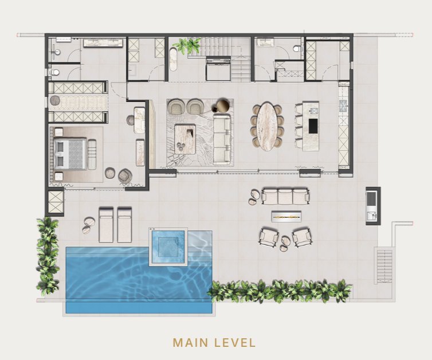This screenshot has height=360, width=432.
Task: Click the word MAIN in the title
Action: click(x=190, y=343)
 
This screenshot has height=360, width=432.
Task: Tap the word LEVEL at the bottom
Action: click(x=235, y=343)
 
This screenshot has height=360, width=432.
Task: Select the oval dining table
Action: click(x=266, y=127)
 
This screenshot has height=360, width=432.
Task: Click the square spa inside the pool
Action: click(x=168, y=246)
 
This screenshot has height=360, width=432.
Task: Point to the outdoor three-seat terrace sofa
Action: click(x=286, y=196)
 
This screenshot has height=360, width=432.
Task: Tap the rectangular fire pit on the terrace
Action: click(x=286, y=216)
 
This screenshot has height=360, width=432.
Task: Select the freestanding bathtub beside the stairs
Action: click(x=173, y=60)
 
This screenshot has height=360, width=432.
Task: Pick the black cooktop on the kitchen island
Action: click(x=313, y=126)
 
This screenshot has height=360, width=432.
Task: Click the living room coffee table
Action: click(x=185, y=139)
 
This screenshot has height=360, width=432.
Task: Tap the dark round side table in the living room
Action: click(x=223, y=105)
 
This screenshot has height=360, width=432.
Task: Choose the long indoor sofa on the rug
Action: click(x=222, y=139)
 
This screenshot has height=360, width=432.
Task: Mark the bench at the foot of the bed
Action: click(x=92, y=154)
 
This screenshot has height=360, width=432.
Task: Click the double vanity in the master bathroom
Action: click(x=103, y=43)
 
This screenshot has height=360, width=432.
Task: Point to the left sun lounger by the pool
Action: click(x=106, y=225)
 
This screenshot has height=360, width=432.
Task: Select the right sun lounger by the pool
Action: click(x=124, y=225)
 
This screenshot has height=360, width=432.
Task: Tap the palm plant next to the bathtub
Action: click(x=190, y=45)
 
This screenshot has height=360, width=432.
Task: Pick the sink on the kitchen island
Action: click(x=313, y=111)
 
